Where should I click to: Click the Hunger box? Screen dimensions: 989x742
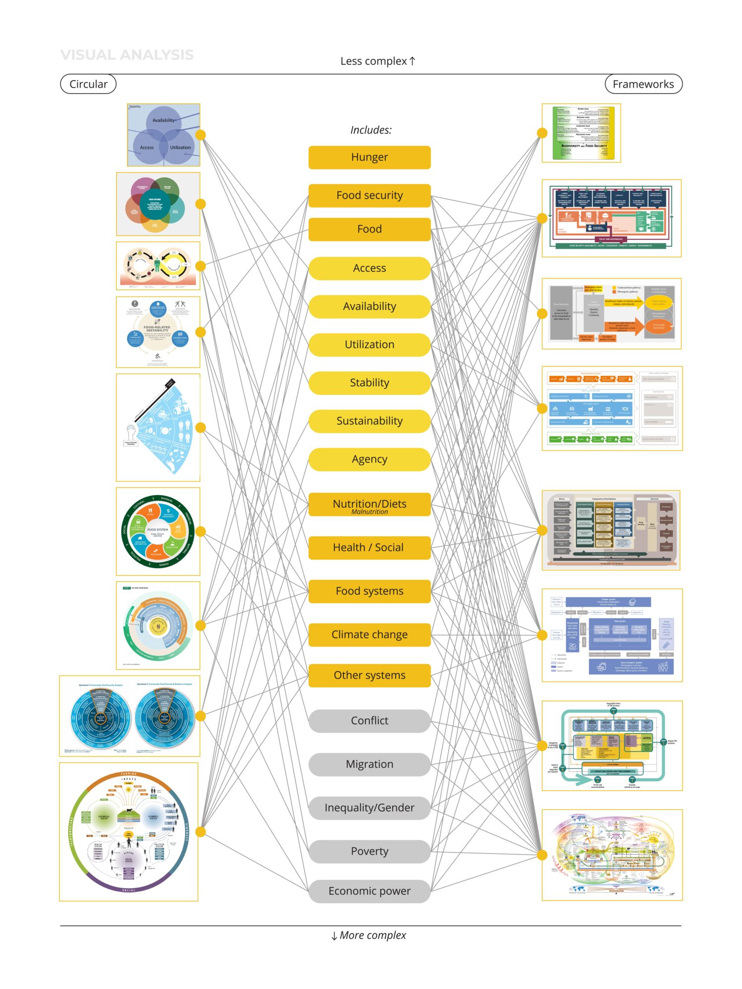(x=370, y=157)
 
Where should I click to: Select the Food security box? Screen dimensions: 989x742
(x=370, y=195)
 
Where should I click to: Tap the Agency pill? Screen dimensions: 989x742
(x=370, y=459)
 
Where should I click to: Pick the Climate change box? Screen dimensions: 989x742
(x=370, y=634)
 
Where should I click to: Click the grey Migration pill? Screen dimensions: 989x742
(x=370, y=764)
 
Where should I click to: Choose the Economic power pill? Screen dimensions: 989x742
(x=370, y=891)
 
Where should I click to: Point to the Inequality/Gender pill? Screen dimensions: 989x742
(x=370, y=808)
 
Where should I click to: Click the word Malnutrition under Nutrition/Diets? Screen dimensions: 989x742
(x=370, y=512)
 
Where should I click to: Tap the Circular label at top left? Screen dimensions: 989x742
(x=88, y=84)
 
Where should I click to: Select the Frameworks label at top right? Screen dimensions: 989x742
(x=643, y=84)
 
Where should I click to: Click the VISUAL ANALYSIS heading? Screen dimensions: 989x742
(x=127, y=55)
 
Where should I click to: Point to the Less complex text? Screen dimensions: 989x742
(x=377, y=61)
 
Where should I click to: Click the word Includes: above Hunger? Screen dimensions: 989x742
(x=371, y=130)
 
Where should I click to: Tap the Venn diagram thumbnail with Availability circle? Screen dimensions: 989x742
(x=164, y=135)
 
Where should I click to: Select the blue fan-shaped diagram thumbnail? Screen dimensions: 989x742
(x=158, y=427)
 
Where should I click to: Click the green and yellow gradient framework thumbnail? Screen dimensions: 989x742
(x=581, y=133)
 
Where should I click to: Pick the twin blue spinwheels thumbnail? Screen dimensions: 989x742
(x=130, y=716)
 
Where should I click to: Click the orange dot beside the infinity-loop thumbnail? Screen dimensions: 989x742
(x=200, y=266)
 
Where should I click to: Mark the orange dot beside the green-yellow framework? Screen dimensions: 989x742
(x=542, y=133)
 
